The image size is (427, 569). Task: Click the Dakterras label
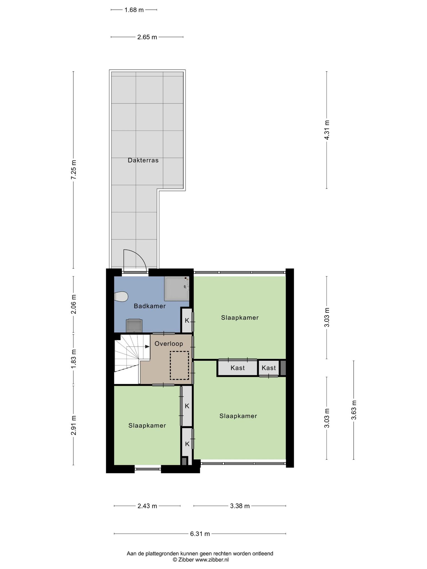[143, 160]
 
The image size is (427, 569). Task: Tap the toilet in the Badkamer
[121, 296]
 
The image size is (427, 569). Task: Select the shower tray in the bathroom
[177, 289]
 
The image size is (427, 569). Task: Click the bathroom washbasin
[134, 326]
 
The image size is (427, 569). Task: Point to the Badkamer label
[150, 306]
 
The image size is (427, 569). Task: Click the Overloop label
[169, 344]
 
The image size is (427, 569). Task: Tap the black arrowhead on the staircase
[147, 346]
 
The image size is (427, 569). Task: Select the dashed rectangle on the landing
[179, 365]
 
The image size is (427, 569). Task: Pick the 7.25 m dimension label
[73, 170]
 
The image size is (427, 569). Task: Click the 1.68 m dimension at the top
[134, 10]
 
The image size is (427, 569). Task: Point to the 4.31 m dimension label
[327, 130]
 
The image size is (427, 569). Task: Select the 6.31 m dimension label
[200, 534]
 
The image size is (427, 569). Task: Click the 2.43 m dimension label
[147, 506]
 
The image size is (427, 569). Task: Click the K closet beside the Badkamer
[187, 320]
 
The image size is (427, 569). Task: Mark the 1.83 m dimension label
[73, 359]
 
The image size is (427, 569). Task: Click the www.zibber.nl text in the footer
[212, 560]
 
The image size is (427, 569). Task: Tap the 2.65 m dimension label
[147, 37]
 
